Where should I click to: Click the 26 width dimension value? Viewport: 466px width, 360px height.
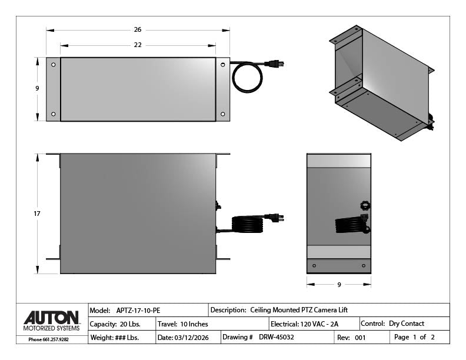[138, 29]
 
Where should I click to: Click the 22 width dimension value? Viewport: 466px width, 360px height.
[138, 45]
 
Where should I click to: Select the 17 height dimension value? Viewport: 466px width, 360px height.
[37, 214]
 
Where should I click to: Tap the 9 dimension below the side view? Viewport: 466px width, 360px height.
[339, 285]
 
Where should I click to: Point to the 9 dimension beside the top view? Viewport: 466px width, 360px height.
[37, 88]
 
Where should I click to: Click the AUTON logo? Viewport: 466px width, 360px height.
[52, 318]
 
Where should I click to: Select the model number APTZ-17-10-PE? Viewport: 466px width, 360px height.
[138, 310]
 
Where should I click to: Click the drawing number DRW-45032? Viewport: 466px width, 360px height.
[277, 337]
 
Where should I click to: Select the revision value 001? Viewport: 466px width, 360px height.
[360, 338]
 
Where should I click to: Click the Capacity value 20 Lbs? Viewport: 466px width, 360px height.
[130, 324]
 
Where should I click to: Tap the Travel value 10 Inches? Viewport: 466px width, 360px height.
[195, 324]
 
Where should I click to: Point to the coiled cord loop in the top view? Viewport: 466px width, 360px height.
[247, 78]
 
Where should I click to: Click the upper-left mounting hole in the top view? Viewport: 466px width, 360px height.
[54, 65]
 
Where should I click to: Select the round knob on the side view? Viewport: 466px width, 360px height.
[365, 205]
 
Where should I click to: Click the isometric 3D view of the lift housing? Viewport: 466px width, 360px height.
[382, 82]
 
